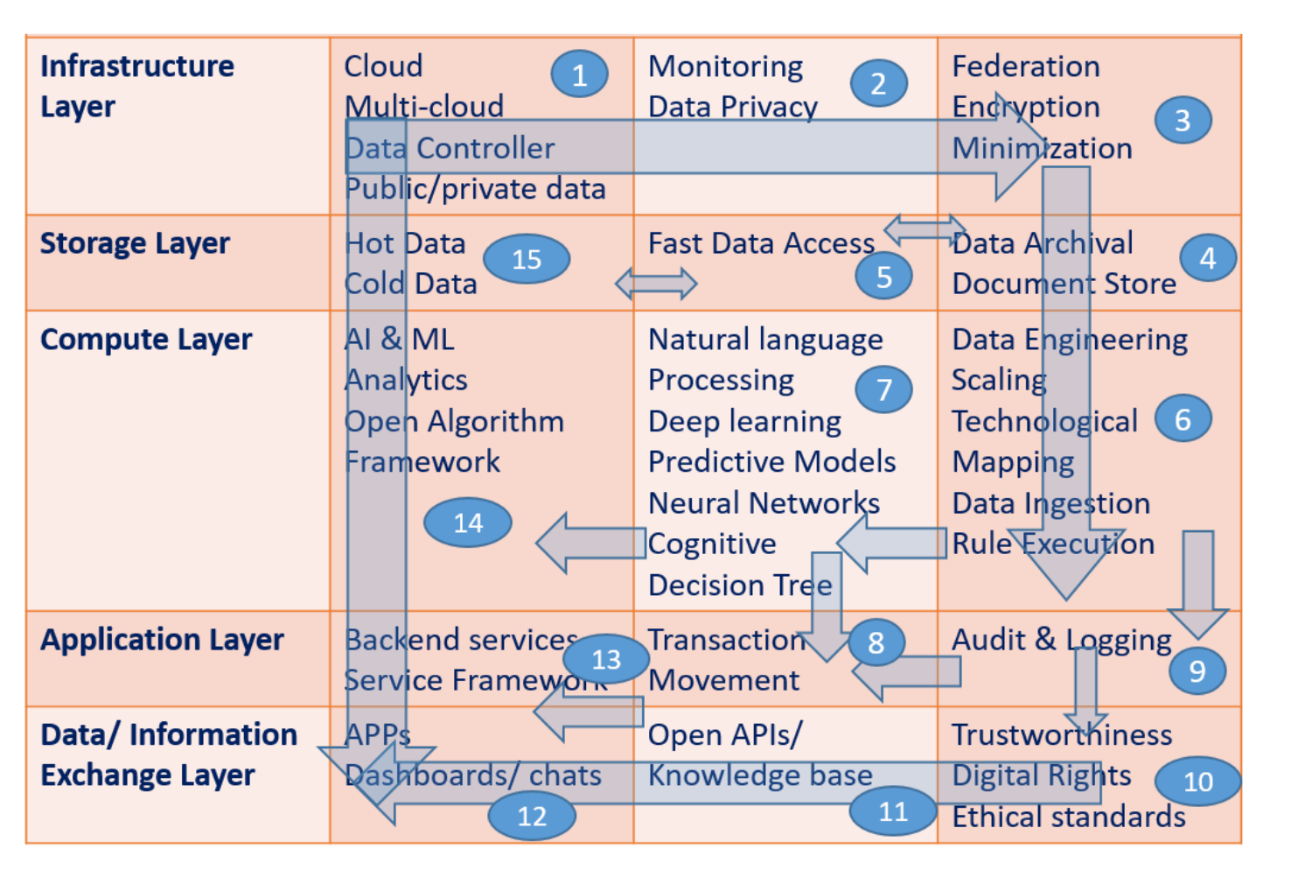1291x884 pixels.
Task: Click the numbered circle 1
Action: pyautogui.click(x=579, y=75)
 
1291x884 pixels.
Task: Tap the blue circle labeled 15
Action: pyautogui.click(x=527, y=259)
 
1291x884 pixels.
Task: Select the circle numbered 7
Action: pyautogui.click(x=883, y=389)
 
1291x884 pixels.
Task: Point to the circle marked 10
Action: pyautogui.click(x=1197, y=781)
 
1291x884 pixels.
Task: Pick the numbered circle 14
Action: pyautogui.click(x=468, y=523)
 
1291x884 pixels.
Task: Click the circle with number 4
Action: pyautogui.click(x=1207, y=258)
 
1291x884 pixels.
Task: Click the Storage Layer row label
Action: pyautogui.click(x=135, y=243)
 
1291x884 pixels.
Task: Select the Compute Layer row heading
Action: pyautogui.click(x=146, y=340)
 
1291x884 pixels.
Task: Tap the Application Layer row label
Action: pyautogui.click(x=162, y=640)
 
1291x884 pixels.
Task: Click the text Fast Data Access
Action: pyautogui.click(x=761, y=243)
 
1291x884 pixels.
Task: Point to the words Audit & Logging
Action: pyautogui.click(x=1061, y=640)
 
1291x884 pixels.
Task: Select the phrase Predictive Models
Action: pyautogui.click(x=771, y=461)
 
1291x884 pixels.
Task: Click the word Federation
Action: pyautogui.click(x=1025, y=67)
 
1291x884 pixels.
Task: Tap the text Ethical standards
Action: pyautogui.click(x=1068, y=817)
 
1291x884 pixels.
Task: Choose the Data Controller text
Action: pyautogui.click(x=450, y=148)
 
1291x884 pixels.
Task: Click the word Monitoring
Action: pyautogui.click(x=725, y=67)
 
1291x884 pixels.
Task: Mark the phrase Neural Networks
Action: pyautogui.click(x=764, y=502)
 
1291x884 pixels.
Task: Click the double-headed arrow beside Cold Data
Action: pyautogui.click(x=656, y=284)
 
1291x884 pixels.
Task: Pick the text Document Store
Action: pyautogui.click(x=1064, y=284)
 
